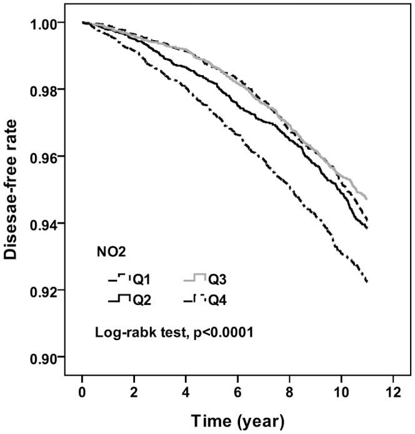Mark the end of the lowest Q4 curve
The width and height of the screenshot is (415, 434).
[x=367, y=282]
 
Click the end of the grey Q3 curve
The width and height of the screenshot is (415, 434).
[x=366, y=199]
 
